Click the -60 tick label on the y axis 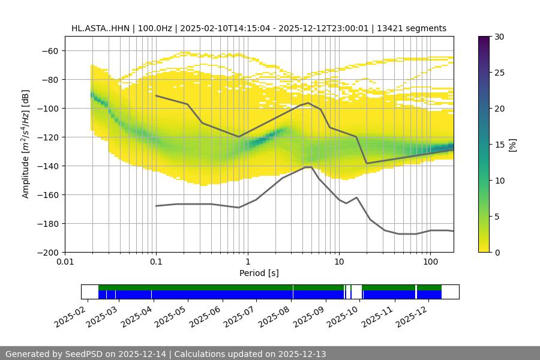[49, 50]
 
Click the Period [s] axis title [259, 273]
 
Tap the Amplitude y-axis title [25, 144]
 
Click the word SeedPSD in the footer [85, 354]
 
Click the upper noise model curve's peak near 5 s [308, 103]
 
